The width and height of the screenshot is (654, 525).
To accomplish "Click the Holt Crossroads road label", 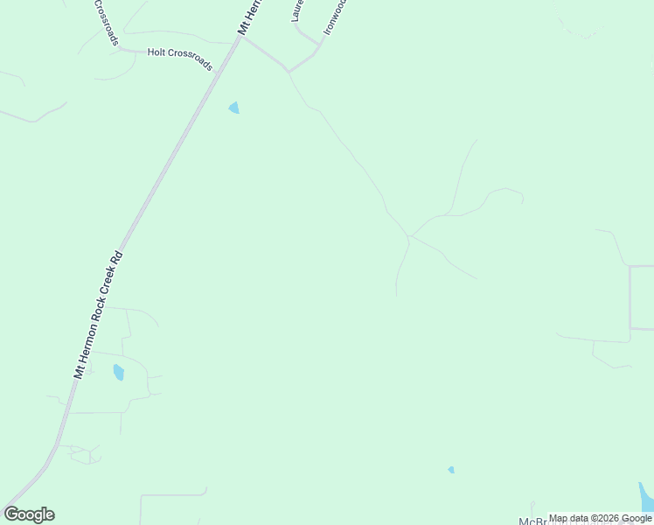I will pos(179,59).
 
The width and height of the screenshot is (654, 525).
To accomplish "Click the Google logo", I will pos(29,514).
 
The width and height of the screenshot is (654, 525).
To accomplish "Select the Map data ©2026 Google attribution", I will pos(601,518).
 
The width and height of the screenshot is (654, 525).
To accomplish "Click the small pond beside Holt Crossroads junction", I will pos(233,108).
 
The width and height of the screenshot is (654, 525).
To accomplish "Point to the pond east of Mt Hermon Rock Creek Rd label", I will pos(118,373).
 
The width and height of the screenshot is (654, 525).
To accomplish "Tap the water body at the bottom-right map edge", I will pos(646,497).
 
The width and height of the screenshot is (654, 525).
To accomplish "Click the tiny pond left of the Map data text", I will pos(451,470).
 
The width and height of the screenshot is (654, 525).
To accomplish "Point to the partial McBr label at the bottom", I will pos(532,521).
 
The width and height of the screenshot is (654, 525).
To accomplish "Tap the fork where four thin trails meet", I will pos(408,235).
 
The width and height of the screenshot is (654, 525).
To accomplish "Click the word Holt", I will pos(157,52).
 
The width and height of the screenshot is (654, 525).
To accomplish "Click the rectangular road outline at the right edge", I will pos(642,297).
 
